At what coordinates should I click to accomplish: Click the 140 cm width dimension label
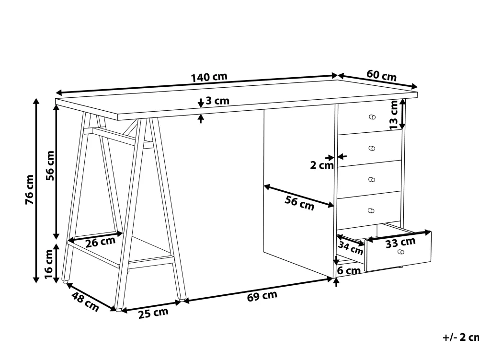coord(209,77)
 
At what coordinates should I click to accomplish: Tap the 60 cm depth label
coord(382,75)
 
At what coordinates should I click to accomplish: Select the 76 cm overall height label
coord(29,189)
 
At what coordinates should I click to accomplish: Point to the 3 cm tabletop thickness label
coord(217,101)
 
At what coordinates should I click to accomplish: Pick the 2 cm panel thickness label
coord(322,165)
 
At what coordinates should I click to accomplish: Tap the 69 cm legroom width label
coord(262,295)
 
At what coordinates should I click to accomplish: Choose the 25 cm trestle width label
coord(153,313)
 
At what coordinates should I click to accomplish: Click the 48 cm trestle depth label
coord(86,302)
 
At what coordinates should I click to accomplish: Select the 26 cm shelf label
coord(101,242)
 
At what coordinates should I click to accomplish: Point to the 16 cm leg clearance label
coord(49,264)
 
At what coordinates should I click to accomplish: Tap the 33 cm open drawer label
coord(400,243)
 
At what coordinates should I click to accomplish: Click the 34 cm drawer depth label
coord(351,247)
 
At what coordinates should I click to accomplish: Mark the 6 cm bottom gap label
coord(349,270)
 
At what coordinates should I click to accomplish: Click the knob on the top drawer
coord(372,117)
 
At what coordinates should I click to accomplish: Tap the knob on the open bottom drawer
coord(401,252)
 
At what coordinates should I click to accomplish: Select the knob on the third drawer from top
coord(372,180)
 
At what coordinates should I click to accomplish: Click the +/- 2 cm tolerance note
coord(461,337)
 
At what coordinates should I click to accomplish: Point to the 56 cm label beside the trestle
coord(50,166)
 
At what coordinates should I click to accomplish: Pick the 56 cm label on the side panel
coord(299,203)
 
